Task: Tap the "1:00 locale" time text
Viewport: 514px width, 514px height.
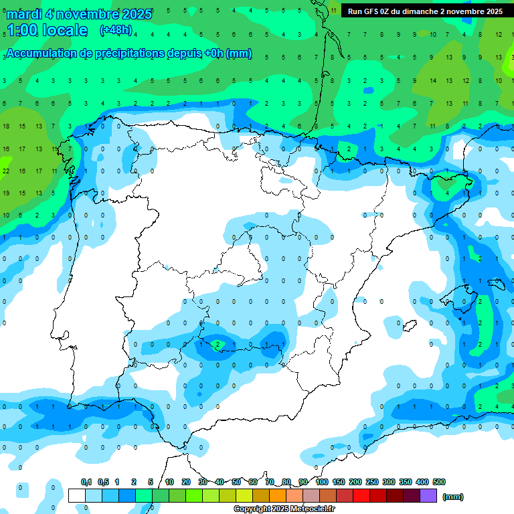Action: pos(47,30)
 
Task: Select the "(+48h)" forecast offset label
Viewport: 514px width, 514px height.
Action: pos(116,29)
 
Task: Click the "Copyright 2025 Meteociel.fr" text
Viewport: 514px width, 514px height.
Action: pos(284,509)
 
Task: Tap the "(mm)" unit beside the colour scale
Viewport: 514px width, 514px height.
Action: pos(453,497)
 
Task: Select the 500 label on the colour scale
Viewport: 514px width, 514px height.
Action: pos(439,482)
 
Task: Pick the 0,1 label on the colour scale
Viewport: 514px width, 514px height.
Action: pos(86,482)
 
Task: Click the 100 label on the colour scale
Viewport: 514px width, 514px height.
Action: pos(322,482)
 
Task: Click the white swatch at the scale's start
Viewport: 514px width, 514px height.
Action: pos(77,495)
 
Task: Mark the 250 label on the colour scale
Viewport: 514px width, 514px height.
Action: pos(372,482)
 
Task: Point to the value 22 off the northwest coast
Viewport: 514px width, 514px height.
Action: pos(5,171)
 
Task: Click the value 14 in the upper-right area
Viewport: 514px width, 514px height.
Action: pos(433,81)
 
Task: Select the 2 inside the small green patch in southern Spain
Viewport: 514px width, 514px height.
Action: pos(218,345)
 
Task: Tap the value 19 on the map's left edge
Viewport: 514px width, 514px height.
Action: pos(5,193)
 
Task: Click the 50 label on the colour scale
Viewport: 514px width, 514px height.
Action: pos(236,482)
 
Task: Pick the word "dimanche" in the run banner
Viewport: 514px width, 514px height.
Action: pos(419,11)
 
